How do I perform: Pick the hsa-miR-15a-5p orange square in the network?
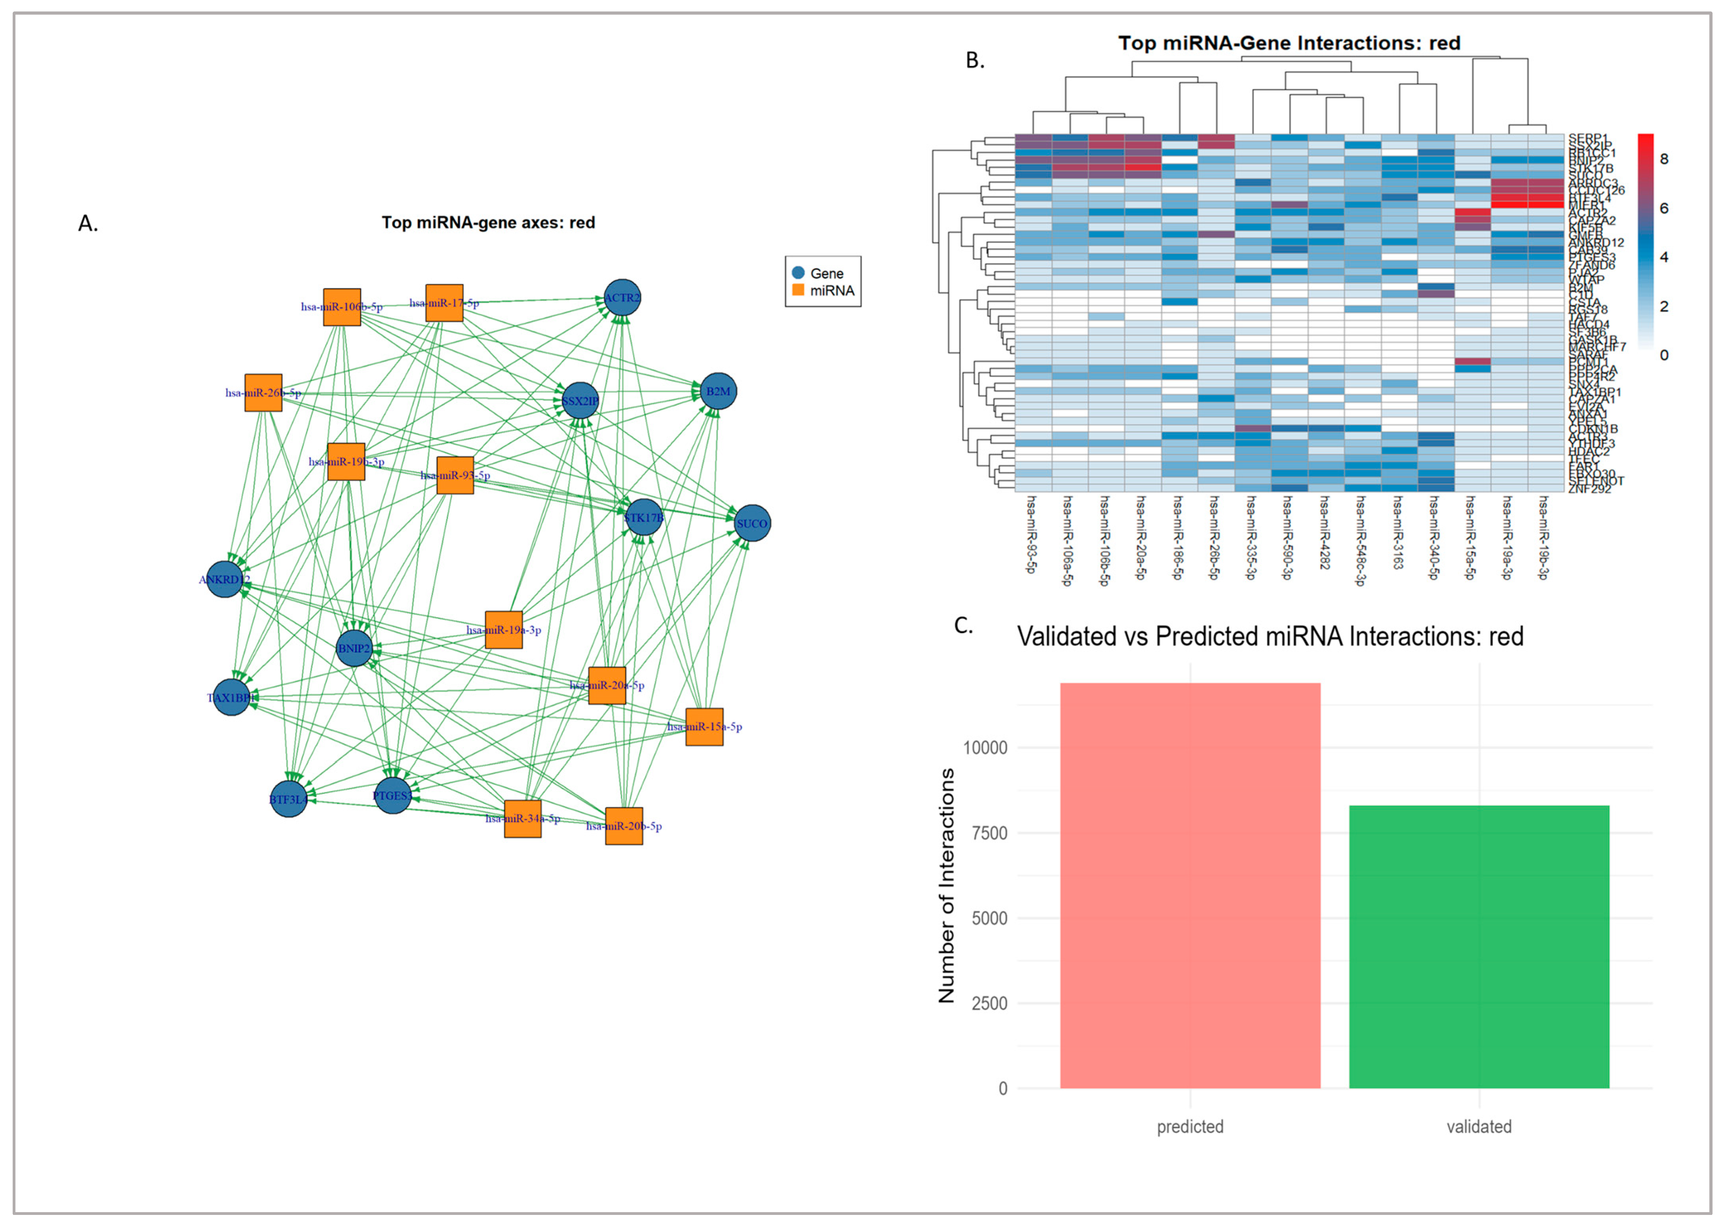704,726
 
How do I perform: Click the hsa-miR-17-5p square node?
444,303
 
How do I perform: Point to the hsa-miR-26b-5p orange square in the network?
263,392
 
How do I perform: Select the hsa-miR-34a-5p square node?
523,819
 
